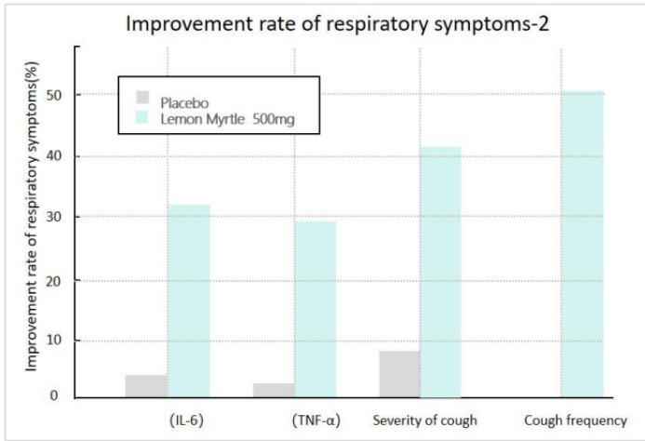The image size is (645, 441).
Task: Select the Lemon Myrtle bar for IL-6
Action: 189,301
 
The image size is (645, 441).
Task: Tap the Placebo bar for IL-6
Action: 147,386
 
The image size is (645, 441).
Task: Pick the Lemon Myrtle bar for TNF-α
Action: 315,309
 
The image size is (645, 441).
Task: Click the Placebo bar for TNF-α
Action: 274,390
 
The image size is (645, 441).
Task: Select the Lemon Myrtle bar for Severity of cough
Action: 440,272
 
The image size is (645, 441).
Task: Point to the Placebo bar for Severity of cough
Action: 400,374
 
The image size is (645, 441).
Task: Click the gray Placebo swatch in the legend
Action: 142,98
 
